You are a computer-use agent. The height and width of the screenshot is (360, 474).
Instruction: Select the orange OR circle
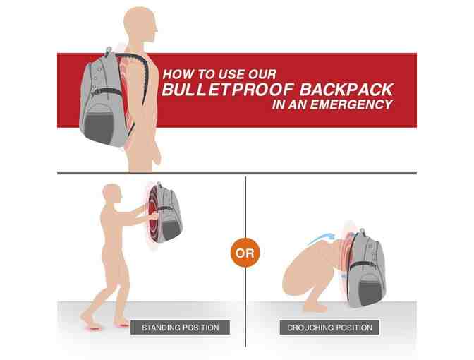click(245, 252)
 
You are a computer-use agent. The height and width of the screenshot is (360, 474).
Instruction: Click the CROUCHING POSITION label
click(330, 328)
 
